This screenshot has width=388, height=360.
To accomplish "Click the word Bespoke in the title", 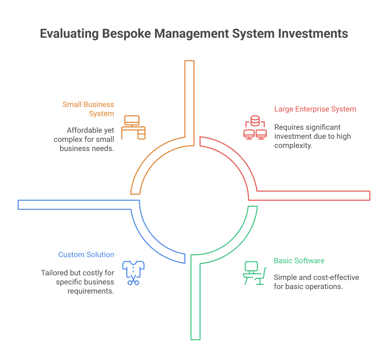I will [x=126, y=34].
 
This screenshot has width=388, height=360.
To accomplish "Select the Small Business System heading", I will [x=88, y=109].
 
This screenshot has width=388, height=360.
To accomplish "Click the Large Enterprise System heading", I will [x=315, y=109].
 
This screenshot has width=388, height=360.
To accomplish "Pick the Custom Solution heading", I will [x=86, y=255].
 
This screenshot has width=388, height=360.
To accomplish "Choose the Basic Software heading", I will [x=299, y=261].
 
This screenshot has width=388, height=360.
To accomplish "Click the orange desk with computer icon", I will [x=133, y=127].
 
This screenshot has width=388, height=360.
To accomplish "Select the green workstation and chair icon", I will [x=253, y=273].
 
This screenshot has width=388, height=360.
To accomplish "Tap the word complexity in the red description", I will [x=293, y=145].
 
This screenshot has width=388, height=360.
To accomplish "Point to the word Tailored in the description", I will [x=54, y=272].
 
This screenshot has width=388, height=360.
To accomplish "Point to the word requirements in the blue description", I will [x=91, y=291].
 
